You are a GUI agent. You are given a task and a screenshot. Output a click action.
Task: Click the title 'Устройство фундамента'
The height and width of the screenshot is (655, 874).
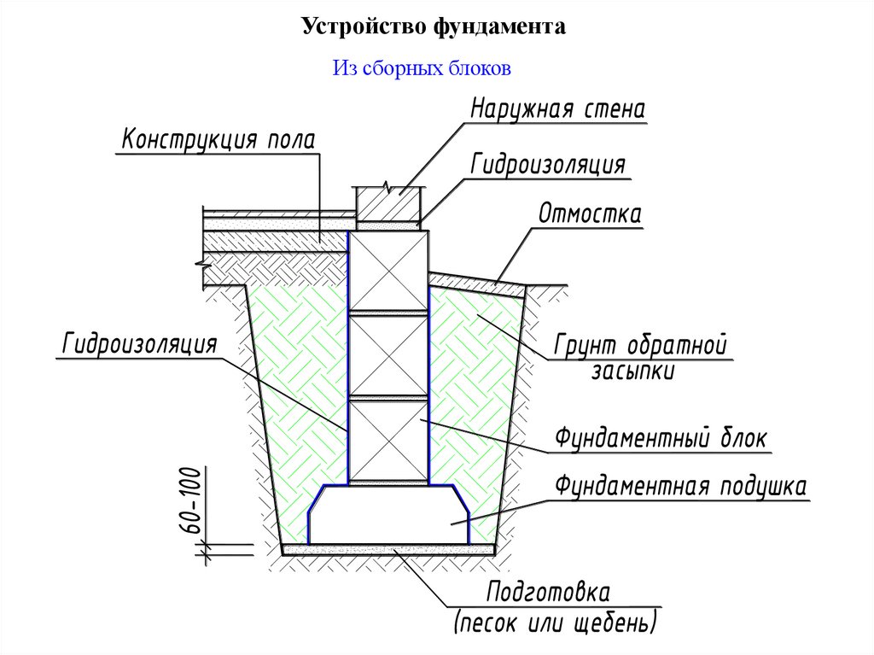433,28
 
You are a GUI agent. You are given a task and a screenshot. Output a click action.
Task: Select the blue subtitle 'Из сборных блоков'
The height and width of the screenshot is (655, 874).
422,68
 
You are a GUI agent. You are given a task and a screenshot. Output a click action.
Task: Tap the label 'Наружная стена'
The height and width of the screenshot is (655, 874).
556,110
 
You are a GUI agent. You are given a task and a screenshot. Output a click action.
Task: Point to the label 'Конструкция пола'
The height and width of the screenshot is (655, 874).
218,139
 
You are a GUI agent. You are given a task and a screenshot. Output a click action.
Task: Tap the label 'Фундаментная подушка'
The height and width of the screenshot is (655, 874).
680,487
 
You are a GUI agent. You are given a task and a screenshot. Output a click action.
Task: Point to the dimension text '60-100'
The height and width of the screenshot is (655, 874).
190,503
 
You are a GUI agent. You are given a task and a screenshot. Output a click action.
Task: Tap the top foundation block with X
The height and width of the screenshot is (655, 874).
389,272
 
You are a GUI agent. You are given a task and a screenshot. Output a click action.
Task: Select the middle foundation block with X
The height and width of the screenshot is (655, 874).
389,355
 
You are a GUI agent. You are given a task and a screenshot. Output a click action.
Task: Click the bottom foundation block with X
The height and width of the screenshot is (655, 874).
389,441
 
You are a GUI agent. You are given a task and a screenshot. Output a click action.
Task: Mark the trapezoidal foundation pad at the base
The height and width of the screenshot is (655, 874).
389,518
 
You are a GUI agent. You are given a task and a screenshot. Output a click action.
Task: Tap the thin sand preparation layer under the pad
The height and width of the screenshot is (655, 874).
389,550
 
